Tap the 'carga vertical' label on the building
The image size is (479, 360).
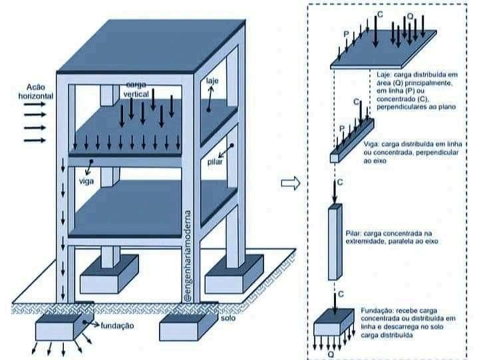[136, 90]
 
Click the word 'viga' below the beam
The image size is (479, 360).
[86, 180]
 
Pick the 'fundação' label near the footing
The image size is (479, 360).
[118, 325]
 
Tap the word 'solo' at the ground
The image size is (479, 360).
[229, 318]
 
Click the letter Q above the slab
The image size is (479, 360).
[409, 15]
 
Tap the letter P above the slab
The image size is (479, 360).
[347, 33]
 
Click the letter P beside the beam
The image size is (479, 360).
[342, 128]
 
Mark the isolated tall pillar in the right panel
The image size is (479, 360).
[335, 242]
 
